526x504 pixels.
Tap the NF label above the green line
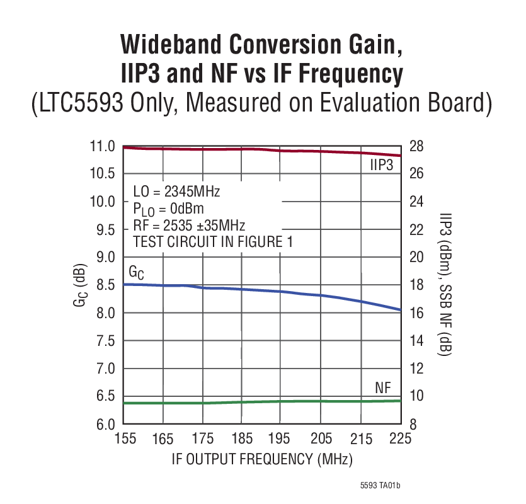384,388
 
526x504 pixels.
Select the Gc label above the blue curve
137,272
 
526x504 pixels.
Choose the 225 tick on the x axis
400,439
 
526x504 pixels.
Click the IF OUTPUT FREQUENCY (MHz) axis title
262,459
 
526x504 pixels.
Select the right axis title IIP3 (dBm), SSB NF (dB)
443,285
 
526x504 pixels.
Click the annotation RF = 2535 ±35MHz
189,226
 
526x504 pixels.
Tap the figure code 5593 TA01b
380,486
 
